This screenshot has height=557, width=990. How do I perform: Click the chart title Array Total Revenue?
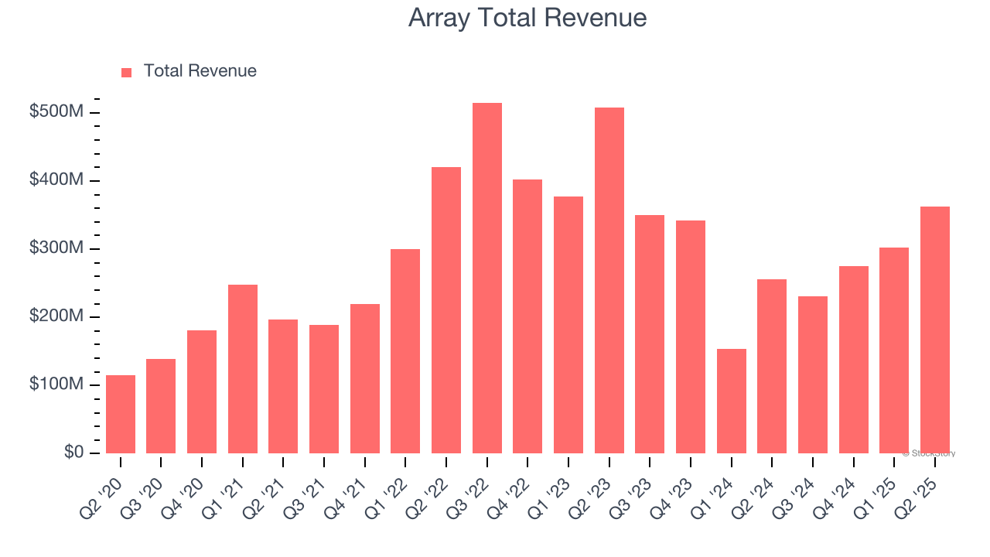click(x=527, y=18)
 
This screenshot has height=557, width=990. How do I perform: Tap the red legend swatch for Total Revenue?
click(x=127, y=72)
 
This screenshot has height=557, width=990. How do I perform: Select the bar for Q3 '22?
click(x=487, y=278)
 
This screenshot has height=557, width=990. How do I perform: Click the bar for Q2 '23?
click(x=609, y=280)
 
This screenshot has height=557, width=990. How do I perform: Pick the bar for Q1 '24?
click(x=732, y=401)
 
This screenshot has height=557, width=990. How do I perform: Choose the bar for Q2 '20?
click(x=121, y=414)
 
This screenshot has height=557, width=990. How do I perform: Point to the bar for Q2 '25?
click(x=935, y=330)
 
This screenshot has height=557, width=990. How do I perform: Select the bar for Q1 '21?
click(x=243, y=368)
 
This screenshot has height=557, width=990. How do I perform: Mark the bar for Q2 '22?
click(x=446, y=309)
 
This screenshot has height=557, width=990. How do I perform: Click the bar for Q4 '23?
click(x=691, y=337)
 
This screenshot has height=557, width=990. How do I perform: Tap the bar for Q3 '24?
click(x=813, y=374)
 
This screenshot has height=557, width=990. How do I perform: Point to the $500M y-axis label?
click(x=56, y=112)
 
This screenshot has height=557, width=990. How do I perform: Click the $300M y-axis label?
click(x=56, y=248)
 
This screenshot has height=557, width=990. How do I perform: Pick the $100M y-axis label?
click(x=56, y=384)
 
